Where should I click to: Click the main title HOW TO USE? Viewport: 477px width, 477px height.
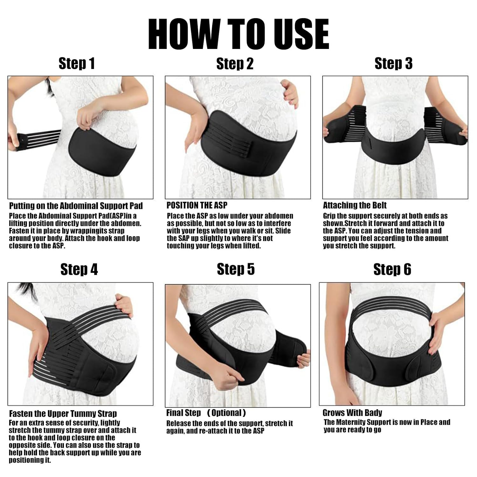238,34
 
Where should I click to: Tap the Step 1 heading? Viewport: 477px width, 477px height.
77,63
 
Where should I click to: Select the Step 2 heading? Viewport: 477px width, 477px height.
235,64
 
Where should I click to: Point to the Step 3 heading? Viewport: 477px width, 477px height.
393,63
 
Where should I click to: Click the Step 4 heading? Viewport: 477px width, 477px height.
79,269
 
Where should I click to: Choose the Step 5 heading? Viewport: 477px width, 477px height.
236,269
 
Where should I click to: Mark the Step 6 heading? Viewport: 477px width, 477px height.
392,269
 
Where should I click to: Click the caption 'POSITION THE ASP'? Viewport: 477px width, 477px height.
197,205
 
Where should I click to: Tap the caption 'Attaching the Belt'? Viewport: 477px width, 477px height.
355,205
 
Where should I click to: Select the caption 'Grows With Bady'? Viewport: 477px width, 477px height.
352,413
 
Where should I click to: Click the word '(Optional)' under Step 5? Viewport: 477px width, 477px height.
226,413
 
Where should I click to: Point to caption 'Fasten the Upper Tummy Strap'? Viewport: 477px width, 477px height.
63,413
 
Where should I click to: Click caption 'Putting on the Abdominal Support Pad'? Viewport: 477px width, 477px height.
76,206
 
